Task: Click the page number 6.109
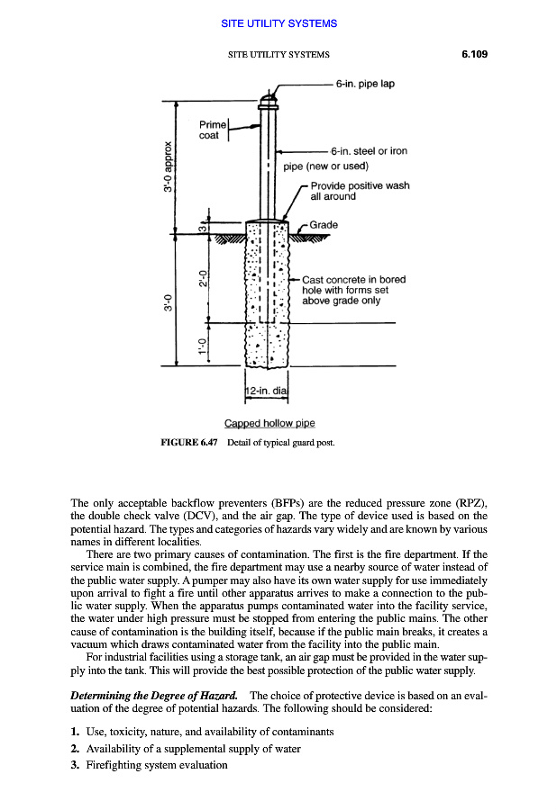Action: (470, 54)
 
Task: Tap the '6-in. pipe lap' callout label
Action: (365, 84)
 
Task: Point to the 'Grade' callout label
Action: (323, 223)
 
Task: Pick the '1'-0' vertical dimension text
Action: (204, 345)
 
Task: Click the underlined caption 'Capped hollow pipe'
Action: (269, 423)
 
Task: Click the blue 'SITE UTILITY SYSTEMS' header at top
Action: (278, 22)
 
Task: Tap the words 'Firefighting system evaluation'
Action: (157, 765)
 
